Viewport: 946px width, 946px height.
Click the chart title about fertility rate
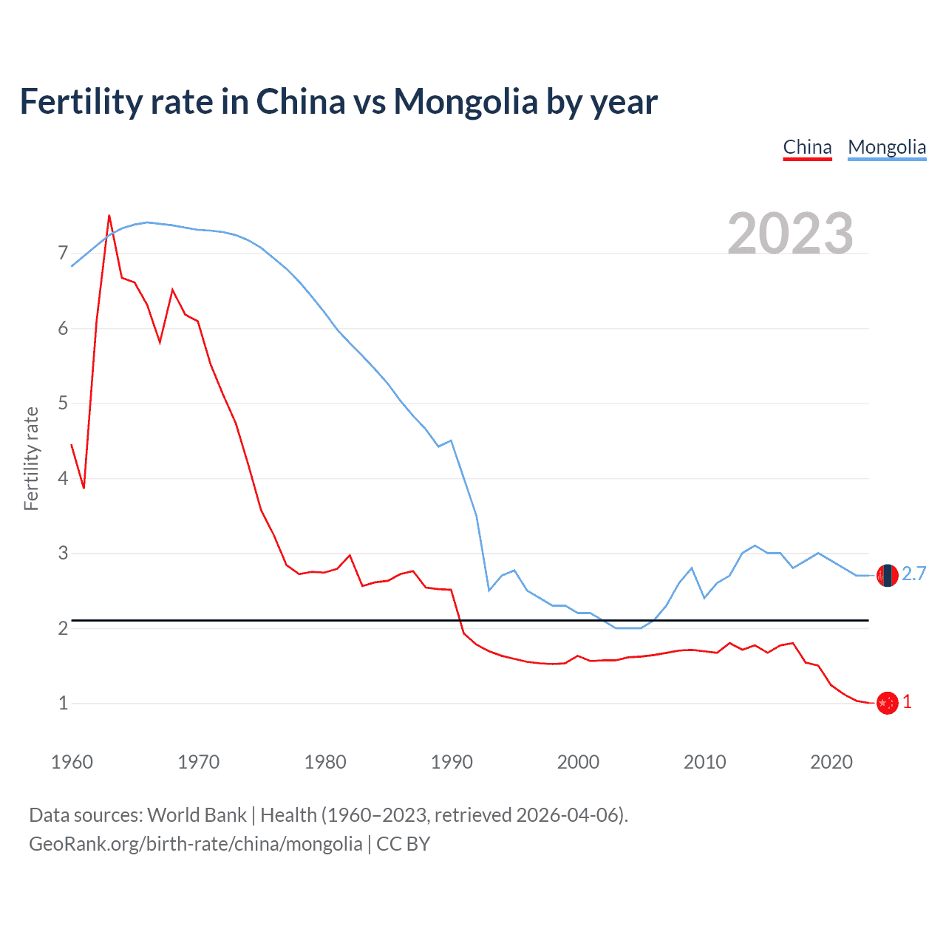338,101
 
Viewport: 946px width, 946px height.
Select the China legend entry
807,147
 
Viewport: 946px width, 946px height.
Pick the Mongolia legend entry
887,147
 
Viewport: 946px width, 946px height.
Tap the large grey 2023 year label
790,234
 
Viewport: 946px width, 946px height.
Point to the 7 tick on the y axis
63,253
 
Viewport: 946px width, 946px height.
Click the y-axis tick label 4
63,478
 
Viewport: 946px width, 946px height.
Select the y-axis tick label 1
63,703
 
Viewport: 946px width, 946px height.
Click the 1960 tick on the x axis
72,762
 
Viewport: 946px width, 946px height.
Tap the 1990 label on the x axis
452,762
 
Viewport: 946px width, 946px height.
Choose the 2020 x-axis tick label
831,762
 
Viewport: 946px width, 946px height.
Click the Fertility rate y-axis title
31,458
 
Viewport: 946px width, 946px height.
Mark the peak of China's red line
109,216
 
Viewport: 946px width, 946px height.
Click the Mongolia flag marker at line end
887,575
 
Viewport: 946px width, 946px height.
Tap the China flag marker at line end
887,703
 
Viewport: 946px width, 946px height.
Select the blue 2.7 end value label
913,574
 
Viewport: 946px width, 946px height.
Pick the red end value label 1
907,702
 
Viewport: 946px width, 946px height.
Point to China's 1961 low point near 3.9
84,488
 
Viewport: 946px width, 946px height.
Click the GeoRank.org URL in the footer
195,844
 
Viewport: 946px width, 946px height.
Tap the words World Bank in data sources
197,815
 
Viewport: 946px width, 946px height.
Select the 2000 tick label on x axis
578,762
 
